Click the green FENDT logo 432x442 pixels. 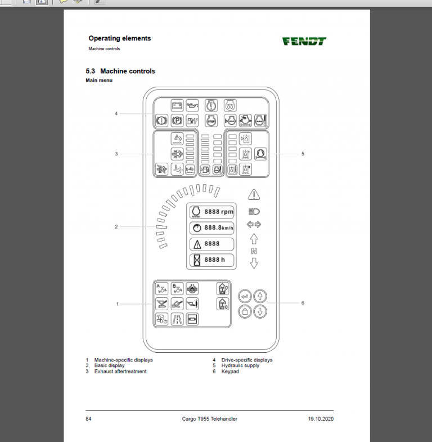304,41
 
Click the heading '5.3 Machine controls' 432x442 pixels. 120,72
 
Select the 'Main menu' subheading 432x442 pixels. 99,81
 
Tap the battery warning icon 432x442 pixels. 177,105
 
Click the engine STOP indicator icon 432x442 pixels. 212,120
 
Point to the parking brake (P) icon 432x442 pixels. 177,120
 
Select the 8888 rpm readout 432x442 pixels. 211,212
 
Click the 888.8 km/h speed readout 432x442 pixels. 211,227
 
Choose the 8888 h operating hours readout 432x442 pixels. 211,260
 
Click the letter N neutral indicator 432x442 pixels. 254,251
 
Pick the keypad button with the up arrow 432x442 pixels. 260,296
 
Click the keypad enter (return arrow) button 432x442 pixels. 244,296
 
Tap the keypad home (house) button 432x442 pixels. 244,311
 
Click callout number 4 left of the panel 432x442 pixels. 116,113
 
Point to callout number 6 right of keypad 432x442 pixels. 303,303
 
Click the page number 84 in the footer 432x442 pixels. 89,419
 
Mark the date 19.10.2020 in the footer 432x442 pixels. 321,419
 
